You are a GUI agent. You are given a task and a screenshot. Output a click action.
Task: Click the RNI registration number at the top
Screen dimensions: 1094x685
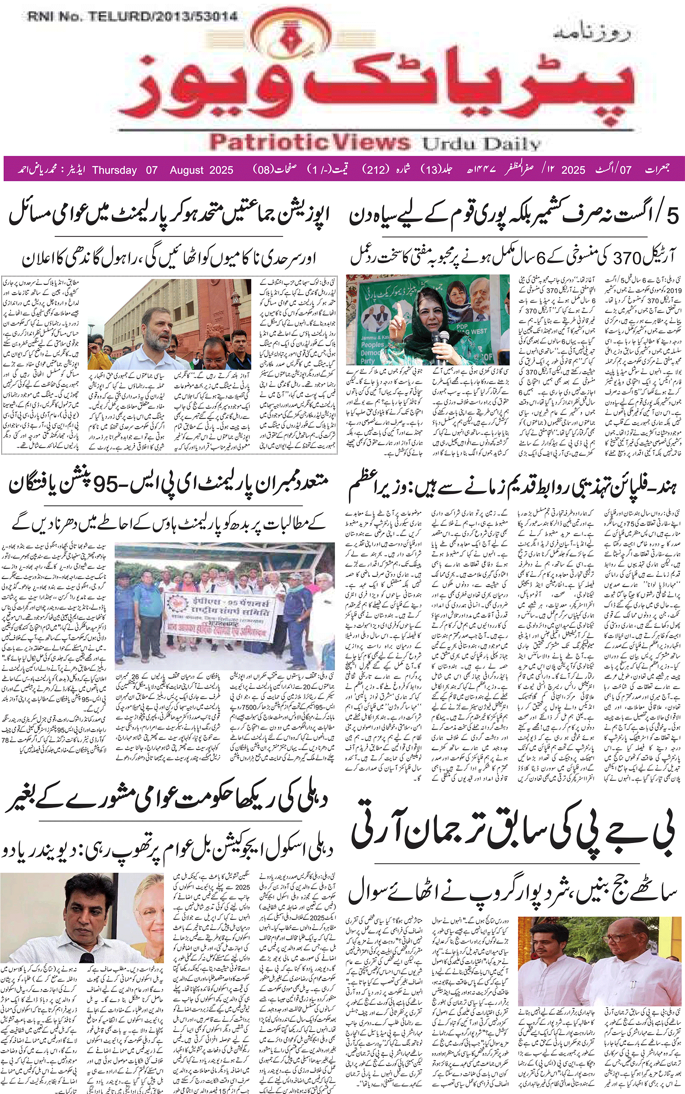132,17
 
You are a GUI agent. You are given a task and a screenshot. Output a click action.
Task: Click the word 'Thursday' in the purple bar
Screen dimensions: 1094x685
115,170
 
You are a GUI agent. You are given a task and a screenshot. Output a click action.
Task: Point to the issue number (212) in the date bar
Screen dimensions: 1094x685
376,170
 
